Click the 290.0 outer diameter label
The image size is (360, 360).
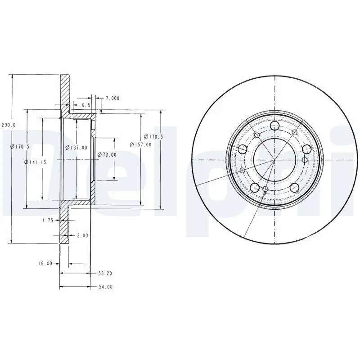9,125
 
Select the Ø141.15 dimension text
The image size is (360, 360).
35,162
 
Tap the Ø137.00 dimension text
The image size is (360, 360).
76,148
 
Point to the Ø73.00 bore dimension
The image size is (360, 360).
107,155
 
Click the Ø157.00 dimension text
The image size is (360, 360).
140,144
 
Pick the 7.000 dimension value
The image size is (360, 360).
112,98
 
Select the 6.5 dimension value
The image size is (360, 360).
85,105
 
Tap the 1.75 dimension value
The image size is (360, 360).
48,220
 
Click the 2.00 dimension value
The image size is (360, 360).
82,235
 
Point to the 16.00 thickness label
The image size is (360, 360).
45,264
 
